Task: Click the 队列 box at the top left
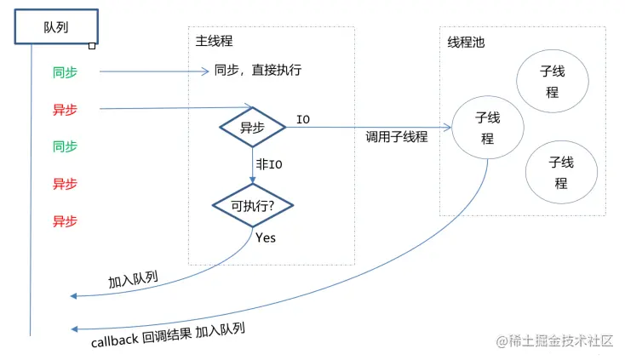pyautogui.click(x=55, y=27)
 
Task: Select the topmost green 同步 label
pyautogui.click(x=65, y=73)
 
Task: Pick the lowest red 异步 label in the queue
pyautogui.click(x=65, y=221)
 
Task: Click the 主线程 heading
pyautogui.click(x=213, y=41)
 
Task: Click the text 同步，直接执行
pyautogui.click(x=257, y=71)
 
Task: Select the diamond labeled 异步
pyautogui.click(x=252, y=128)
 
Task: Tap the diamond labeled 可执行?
pyautogui.click(x=252, y=205)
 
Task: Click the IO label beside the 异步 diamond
pyautogui.click(x=302, y=119)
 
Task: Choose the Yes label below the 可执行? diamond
pyautogui.click(x=266, y=238)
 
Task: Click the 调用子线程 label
pyautogui.click(x=396, y=136)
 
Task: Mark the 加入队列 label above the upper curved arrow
pyautogui.click(x=133, y=280)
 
